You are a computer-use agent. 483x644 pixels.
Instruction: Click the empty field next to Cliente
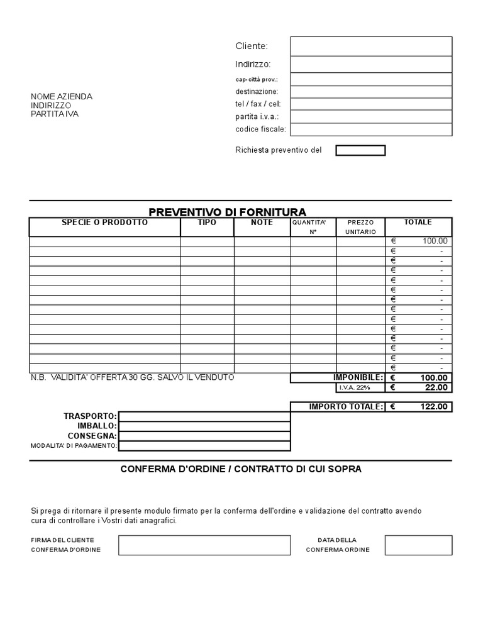point(371,46)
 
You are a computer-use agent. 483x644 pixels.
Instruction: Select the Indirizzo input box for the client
point(371,64)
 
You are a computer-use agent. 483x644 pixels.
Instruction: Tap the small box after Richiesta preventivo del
point(360,150)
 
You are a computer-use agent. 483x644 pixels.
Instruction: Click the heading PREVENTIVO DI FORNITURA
point(228,212)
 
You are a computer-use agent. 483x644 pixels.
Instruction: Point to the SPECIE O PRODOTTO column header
point(105,223)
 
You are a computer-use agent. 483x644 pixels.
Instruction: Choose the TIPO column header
point(207,223)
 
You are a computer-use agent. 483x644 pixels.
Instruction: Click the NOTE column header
point(262,223)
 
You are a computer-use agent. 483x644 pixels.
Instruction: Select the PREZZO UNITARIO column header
point(360,227)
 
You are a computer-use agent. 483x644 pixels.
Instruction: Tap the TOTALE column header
point(418,222)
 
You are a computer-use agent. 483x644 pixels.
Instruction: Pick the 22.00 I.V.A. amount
point(436,387)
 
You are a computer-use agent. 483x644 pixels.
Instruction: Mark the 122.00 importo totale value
point(434,407)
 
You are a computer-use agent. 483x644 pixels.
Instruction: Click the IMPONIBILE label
point(358,377)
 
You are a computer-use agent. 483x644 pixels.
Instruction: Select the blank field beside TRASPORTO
point(204,416)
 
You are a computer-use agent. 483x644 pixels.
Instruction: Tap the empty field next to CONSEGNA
point(204,436)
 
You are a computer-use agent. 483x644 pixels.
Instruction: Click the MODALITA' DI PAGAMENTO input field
point(204,446)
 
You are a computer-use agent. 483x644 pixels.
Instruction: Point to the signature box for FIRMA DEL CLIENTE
point(204,545)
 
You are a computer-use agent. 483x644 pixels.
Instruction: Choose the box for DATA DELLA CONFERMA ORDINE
point(418,545)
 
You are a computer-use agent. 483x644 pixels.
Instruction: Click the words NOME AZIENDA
point(62,97)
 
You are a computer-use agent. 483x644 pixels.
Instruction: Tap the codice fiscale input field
point(371,130)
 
